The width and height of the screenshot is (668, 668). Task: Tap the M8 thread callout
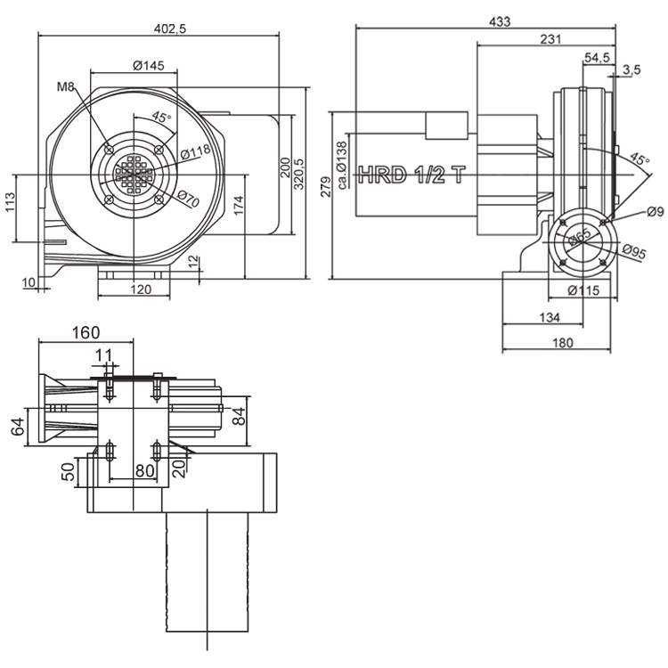pos(64,87)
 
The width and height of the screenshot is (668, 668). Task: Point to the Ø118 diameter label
pos(195,151)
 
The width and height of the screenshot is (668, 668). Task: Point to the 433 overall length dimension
pos(501,21)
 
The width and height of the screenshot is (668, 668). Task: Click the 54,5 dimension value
pos(597,57)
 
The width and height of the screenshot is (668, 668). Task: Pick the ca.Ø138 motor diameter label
pos(342,167)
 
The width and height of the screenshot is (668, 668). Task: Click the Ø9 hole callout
pos(656,211)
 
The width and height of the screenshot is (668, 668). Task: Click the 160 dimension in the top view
pos(86,333)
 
